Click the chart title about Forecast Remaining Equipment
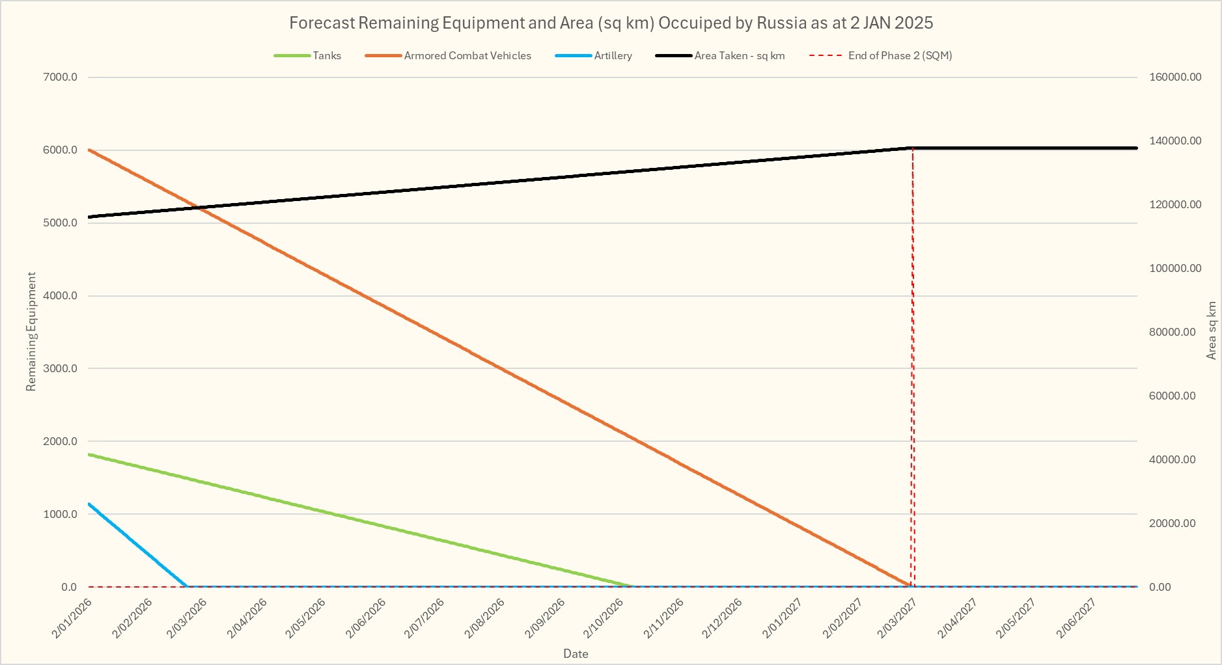tap(611, 23)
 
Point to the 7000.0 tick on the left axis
tap(61, 77)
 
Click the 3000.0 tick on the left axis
tap(61, 369)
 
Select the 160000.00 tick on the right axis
tap(1175, 77)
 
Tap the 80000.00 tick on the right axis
tap(1173, 332)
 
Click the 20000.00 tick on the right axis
tap(1173, 524)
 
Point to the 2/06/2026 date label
tap(367, 617)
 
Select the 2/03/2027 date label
tap(898, 617)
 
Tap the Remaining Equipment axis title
tap(31, 332)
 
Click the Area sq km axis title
tap(1211, 331)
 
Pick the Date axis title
tap(576, 654)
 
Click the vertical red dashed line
tap(913, 364)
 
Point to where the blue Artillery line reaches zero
tap(187, 586)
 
